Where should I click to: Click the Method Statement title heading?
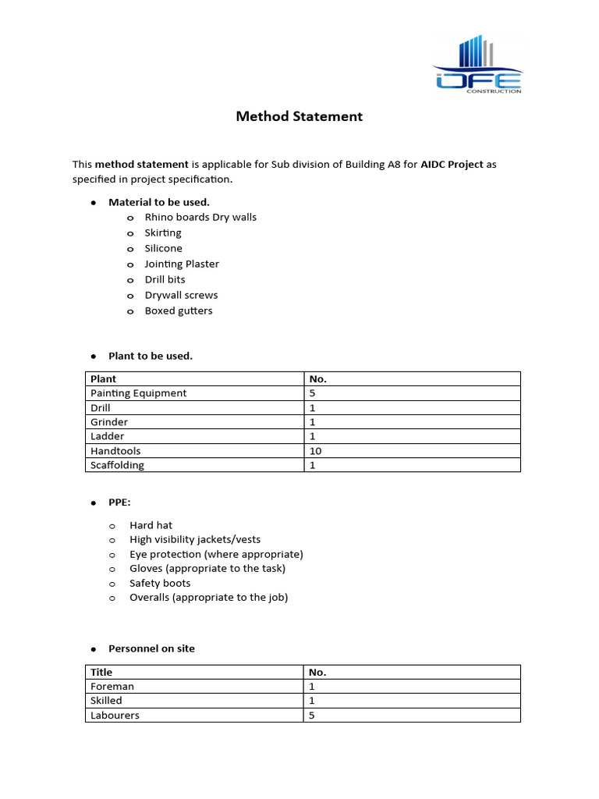299,117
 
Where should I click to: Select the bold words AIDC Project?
452,165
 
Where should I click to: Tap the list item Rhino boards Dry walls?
200,218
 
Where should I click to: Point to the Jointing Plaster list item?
182,265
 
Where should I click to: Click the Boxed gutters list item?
179,311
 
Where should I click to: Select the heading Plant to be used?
151,356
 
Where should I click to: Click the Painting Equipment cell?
139,393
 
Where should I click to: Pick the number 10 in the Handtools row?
315,451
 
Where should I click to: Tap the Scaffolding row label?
118,465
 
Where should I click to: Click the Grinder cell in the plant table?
109,422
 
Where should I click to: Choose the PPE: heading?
119,502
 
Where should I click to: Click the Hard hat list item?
151,526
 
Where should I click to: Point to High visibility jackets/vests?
195,540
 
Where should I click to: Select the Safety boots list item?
160,584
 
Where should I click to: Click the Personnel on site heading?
151,648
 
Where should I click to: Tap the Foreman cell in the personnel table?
112,687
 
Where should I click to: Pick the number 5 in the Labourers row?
312,716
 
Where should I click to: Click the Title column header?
101,672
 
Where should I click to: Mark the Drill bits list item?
165,280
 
